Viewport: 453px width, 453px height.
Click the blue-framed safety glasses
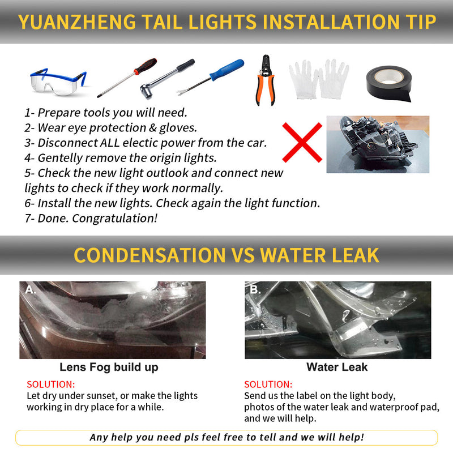point(58,82)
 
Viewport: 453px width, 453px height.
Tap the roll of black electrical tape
point(389,84)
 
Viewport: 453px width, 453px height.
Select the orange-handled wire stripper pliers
point(266,80)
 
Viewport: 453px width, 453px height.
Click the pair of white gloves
point(319,79)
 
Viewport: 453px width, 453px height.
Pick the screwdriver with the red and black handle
point(127,78)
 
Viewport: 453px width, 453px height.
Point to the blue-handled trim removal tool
point(210,78)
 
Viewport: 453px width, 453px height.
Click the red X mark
point(302,143)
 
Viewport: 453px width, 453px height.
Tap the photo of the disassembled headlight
point(378,144)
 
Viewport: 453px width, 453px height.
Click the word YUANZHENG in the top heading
point(77,22)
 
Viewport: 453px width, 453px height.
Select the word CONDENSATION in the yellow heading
point(149,255)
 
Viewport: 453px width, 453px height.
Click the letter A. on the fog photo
point(31,289)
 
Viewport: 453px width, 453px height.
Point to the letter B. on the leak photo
point(255,289)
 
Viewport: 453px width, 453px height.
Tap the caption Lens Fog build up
point(109,367)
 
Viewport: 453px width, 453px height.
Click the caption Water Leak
point(337,367)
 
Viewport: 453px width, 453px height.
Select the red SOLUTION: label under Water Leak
point(268,384)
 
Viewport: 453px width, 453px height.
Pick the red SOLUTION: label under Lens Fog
point(51,384)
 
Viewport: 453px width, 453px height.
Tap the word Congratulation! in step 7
point(115,219)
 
